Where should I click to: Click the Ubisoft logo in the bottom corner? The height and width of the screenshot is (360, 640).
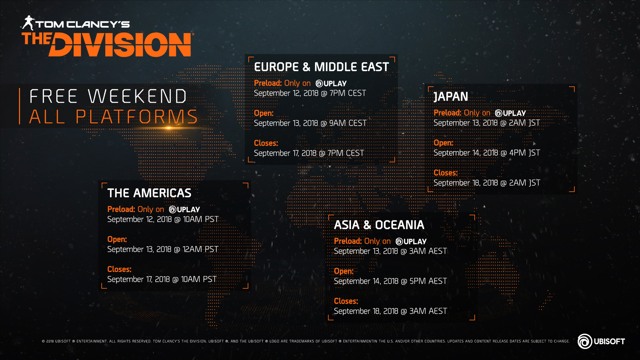point(601,341)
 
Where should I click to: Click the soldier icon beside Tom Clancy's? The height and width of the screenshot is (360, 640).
point(28,23)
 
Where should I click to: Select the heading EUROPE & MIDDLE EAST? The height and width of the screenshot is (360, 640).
point(321,67)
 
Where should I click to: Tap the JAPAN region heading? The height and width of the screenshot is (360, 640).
point(451,97)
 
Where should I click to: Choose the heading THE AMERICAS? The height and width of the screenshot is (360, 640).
point(149,193)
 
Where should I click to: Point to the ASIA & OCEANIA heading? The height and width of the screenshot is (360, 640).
point(379,225)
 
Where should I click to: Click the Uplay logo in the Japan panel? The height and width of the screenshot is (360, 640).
point(510,113)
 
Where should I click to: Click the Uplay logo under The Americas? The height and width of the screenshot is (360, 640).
point(184,209)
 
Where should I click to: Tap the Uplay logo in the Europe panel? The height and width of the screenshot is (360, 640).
point(331,83)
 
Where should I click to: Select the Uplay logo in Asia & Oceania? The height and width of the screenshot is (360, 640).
point(411,241)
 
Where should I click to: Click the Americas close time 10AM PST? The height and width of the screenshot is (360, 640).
point(199,279)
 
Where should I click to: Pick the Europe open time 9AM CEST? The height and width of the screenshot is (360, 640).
point(348,123)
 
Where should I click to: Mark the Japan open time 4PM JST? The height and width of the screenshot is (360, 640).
point(525,153)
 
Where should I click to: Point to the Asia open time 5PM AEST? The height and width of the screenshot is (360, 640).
point(428,281)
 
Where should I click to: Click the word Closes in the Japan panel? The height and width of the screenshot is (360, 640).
point(445,173)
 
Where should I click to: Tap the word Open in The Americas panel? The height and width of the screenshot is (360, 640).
point(117,239)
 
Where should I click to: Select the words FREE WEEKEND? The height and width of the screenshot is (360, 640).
point(108,96)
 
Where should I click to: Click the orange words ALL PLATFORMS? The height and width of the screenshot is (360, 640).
point(114,117)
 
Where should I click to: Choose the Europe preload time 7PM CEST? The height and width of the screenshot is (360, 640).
point(348,93)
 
